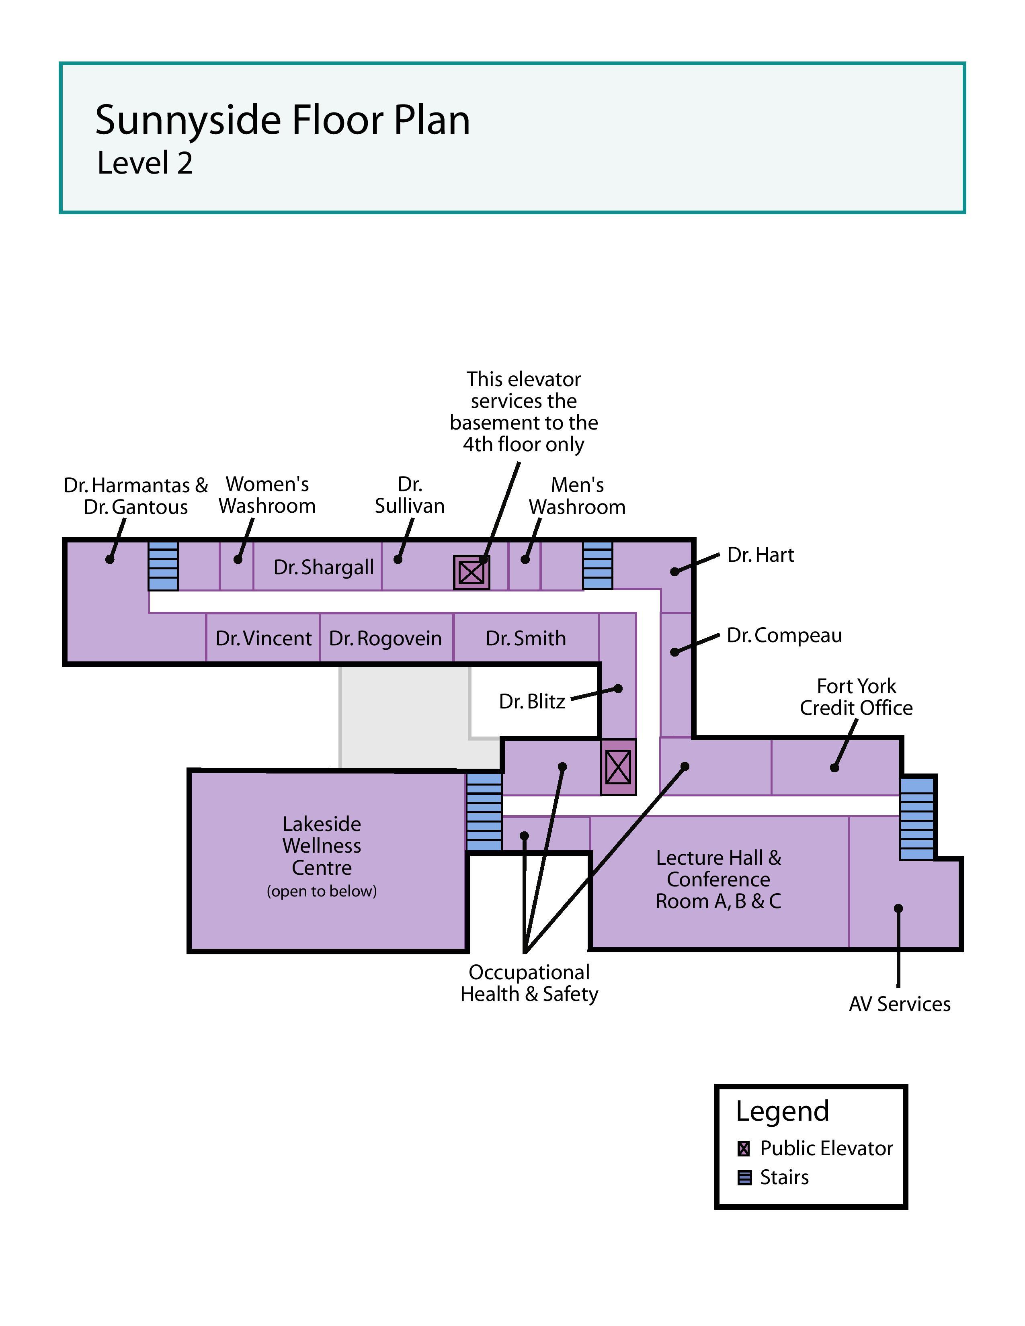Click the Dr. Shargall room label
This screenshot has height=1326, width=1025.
coord(323,567)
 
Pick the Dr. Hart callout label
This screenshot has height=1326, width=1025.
coord(760,555)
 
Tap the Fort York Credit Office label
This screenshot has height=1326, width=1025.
coord(856,697)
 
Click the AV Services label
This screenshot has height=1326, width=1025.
coord(899,1004)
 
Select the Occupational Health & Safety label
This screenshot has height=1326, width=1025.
coord(529,983)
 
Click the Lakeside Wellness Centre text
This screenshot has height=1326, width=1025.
coord(322,846)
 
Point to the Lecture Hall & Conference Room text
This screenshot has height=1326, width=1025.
coord(718,879)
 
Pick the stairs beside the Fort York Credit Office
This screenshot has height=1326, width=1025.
coord(916,819)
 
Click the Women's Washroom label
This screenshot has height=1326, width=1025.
coord(267,495)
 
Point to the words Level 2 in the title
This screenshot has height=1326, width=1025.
coord(145,163)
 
